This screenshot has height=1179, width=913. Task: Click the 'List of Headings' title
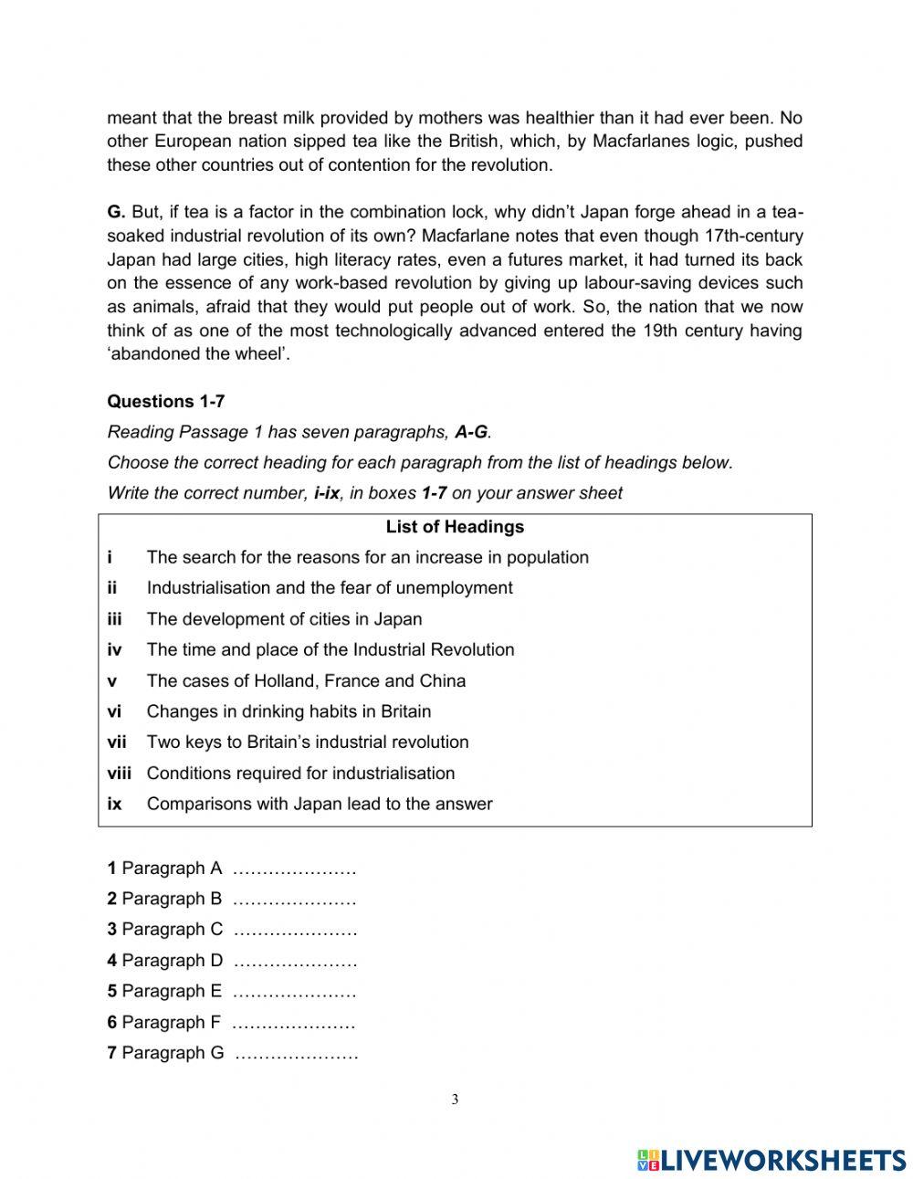pos(455,527)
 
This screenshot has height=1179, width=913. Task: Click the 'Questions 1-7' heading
pos(165,401)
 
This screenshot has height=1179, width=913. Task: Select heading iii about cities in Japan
pos(284,619)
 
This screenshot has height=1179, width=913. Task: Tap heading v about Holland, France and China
pos(306,680)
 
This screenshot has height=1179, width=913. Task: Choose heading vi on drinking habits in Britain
pos(289,711)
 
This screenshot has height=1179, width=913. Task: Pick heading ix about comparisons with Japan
pos(319,804)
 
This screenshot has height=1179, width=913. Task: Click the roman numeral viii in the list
pos(119,773)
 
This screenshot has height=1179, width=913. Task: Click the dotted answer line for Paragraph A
pos(294,868)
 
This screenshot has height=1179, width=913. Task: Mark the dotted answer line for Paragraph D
pos(294,961)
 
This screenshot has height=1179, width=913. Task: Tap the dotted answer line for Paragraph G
pos(296,1053)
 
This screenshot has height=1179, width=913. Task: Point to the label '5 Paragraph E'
pos(164,991)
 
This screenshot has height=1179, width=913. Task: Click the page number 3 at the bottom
pos(455,1100)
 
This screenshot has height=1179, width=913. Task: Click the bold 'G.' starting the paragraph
pos(116,212)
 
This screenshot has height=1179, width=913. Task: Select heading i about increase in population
pos(367,557)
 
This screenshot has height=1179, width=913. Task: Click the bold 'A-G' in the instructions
pos(472,432)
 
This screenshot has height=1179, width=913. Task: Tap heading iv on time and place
pos(330,649)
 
